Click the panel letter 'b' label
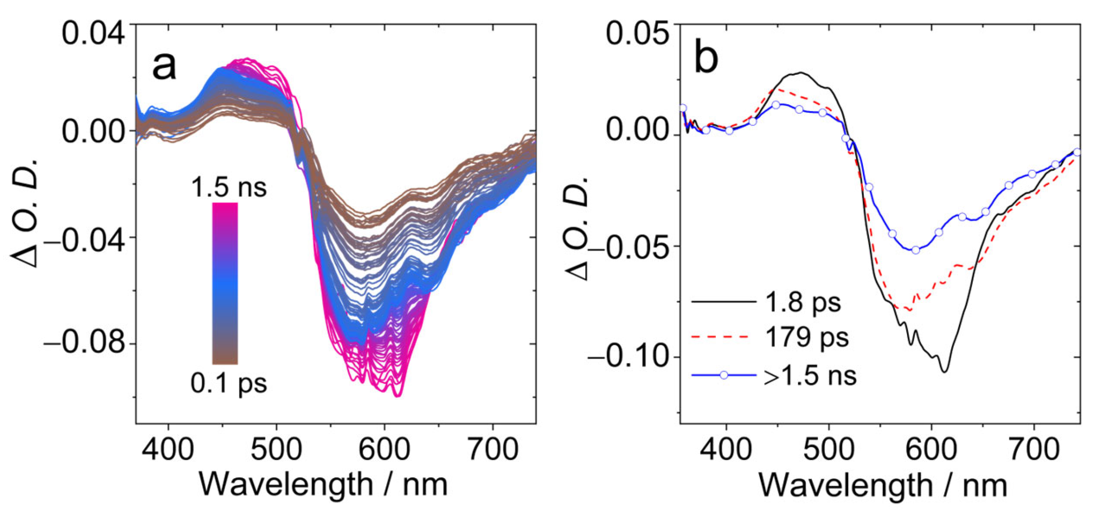point(706,59)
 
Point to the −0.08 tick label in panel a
point(85,343)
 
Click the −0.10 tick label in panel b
point(629,356)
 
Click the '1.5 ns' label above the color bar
point(229,187)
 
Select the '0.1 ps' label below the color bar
point(229,383)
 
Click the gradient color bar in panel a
point(225,283)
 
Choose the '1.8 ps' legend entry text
point(803,302)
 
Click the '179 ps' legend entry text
point(807,337)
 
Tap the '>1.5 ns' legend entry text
point(810,376)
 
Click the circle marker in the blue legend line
point(724,375)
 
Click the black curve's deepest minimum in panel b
point(945,371)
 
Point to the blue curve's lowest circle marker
point(916,250)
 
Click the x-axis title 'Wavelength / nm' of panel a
point(323,485)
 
